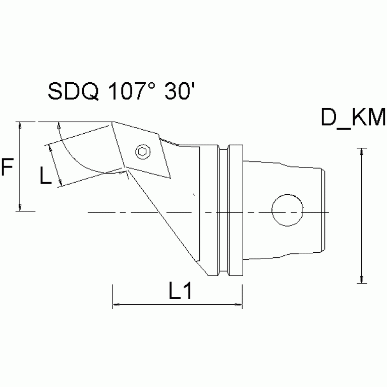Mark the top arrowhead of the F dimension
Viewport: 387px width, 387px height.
(19, 125)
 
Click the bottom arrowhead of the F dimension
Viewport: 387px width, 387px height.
(19, 207)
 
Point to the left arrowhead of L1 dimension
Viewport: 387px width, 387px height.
(115, 304)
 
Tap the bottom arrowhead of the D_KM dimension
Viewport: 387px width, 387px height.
(361, 279)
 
